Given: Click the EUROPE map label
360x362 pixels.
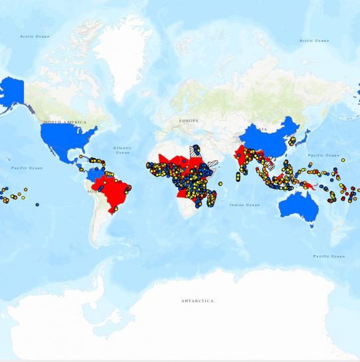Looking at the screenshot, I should tap(188, 120).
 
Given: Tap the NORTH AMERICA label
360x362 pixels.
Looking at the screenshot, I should tap(64, 122).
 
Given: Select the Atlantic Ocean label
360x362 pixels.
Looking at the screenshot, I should tap(122, 149).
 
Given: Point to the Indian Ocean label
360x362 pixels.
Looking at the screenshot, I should tap(245, 205).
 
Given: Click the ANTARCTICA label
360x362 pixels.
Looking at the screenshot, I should tap(197, 301).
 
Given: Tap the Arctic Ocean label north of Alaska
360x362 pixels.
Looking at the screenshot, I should tap(35, 37).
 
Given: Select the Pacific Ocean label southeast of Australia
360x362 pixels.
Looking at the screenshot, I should tap(329, 256).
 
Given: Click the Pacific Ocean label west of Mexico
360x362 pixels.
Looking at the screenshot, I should tap(27, 168).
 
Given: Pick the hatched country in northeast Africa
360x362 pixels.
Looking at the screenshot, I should tap(197, 153).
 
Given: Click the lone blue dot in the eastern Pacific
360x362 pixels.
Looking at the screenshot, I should tap(37, 204).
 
